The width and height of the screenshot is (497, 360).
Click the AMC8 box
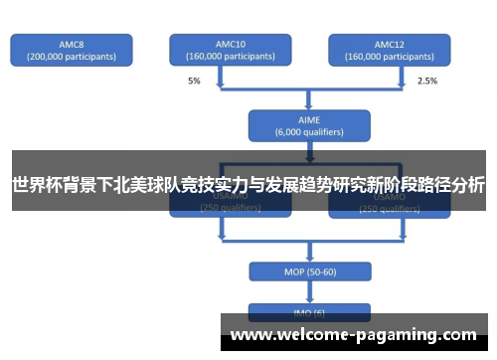point(71,51)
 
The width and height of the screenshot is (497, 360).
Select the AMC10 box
point(230,51)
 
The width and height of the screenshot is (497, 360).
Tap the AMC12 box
point(389,51)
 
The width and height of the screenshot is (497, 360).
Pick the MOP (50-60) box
point(309,270)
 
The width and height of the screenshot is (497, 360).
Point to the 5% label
point(195,81)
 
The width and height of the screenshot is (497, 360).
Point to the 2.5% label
point(427,81)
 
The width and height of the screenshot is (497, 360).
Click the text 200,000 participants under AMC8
point(71,57)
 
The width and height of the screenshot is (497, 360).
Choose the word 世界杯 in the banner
point(34,185)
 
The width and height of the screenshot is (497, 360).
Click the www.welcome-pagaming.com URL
point(354,335)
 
